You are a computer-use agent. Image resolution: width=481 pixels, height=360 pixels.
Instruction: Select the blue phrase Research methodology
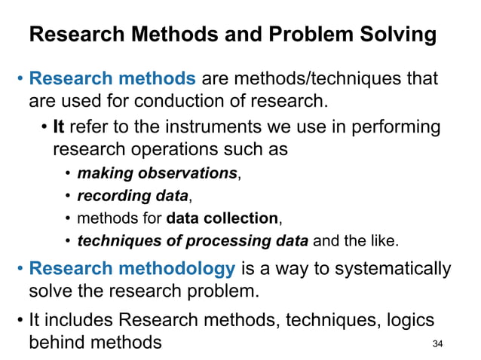click(x=133, y=270)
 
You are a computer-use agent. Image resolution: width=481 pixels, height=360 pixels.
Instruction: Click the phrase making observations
click(x=158, y=174)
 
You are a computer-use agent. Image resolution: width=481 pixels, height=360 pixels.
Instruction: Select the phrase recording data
click(x=133, y=197)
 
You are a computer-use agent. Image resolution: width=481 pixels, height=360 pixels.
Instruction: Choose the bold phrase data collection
click(x=222, y=219)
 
